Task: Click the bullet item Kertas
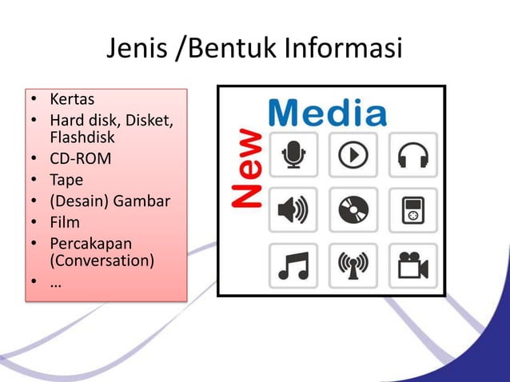pos(72,100)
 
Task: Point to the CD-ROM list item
pos(80,158)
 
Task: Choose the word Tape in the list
pos(66,180)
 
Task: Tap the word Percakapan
pos(90,243)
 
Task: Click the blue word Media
pos(327,113)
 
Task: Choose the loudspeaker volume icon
pos(293,210)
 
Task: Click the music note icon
pos(293,266)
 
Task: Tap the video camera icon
pos(412,266)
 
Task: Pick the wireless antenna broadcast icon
pos(353,266)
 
